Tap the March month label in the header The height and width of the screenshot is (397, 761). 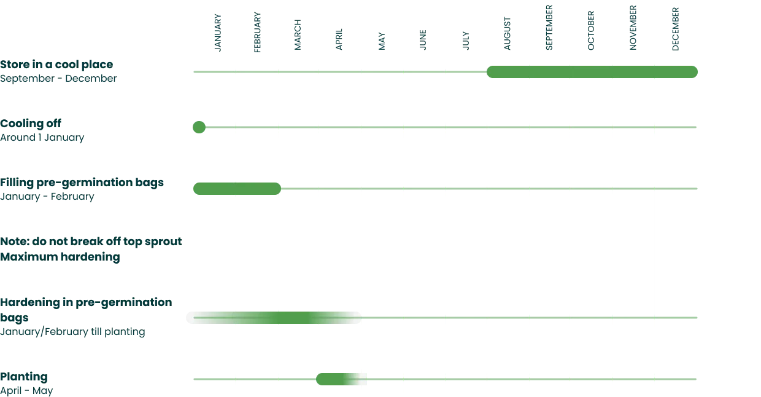(299, 34)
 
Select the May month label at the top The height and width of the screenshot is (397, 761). (382, 42)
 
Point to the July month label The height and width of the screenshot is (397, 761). (466, 41)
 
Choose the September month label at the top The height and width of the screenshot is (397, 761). (549, 28)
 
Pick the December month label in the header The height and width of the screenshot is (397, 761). (675, 28)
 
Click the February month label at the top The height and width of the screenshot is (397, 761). (257, 31)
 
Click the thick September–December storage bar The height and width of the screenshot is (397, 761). (593, 71)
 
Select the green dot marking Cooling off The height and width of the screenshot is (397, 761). (199, 127)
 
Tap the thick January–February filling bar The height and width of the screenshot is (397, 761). (237, 189)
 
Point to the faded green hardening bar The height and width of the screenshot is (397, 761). (276, 317)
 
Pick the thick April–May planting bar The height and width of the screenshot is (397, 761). (341, 379)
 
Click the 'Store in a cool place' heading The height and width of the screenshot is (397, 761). (56, 65)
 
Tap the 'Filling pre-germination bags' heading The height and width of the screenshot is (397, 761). (83, 183)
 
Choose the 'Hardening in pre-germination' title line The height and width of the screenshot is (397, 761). (86, 303)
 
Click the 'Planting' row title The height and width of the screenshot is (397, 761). (25, 376)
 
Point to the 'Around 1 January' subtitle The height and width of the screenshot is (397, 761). (41, 138)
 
